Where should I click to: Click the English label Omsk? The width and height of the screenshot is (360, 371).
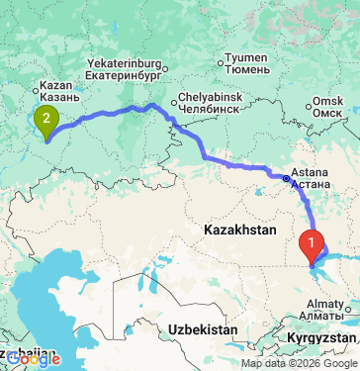(329, 101)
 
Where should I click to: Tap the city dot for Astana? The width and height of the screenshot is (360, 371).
(287, 179)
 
